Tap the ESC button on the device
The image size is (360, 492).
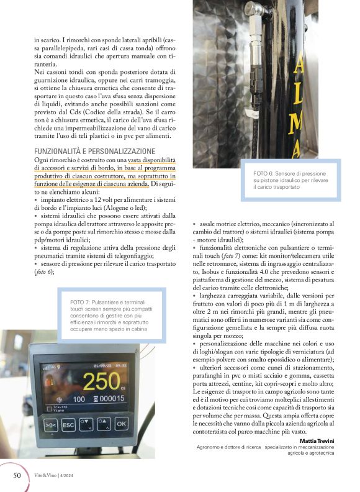[69, 424]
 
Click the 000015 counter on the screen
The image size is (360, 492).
[110, 398]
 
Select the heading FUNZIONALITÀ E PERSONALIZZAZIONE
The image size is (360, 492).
[94, 151]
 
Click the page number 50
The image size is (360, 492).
[17, 475]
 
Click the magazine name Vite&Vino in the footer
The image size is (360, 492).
[48, 476]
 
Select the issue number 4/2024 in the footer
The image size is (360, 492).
[73, 476]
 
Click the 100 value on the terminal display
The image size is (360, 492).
[79, 399]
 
